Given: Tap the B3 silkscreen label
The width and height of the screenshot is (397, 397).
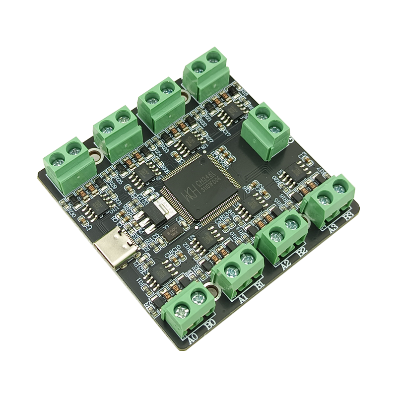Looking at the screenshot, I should click(348, 217).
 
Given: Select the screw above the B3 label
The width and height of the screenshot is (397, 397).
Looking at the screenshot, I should click(340, 188).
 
